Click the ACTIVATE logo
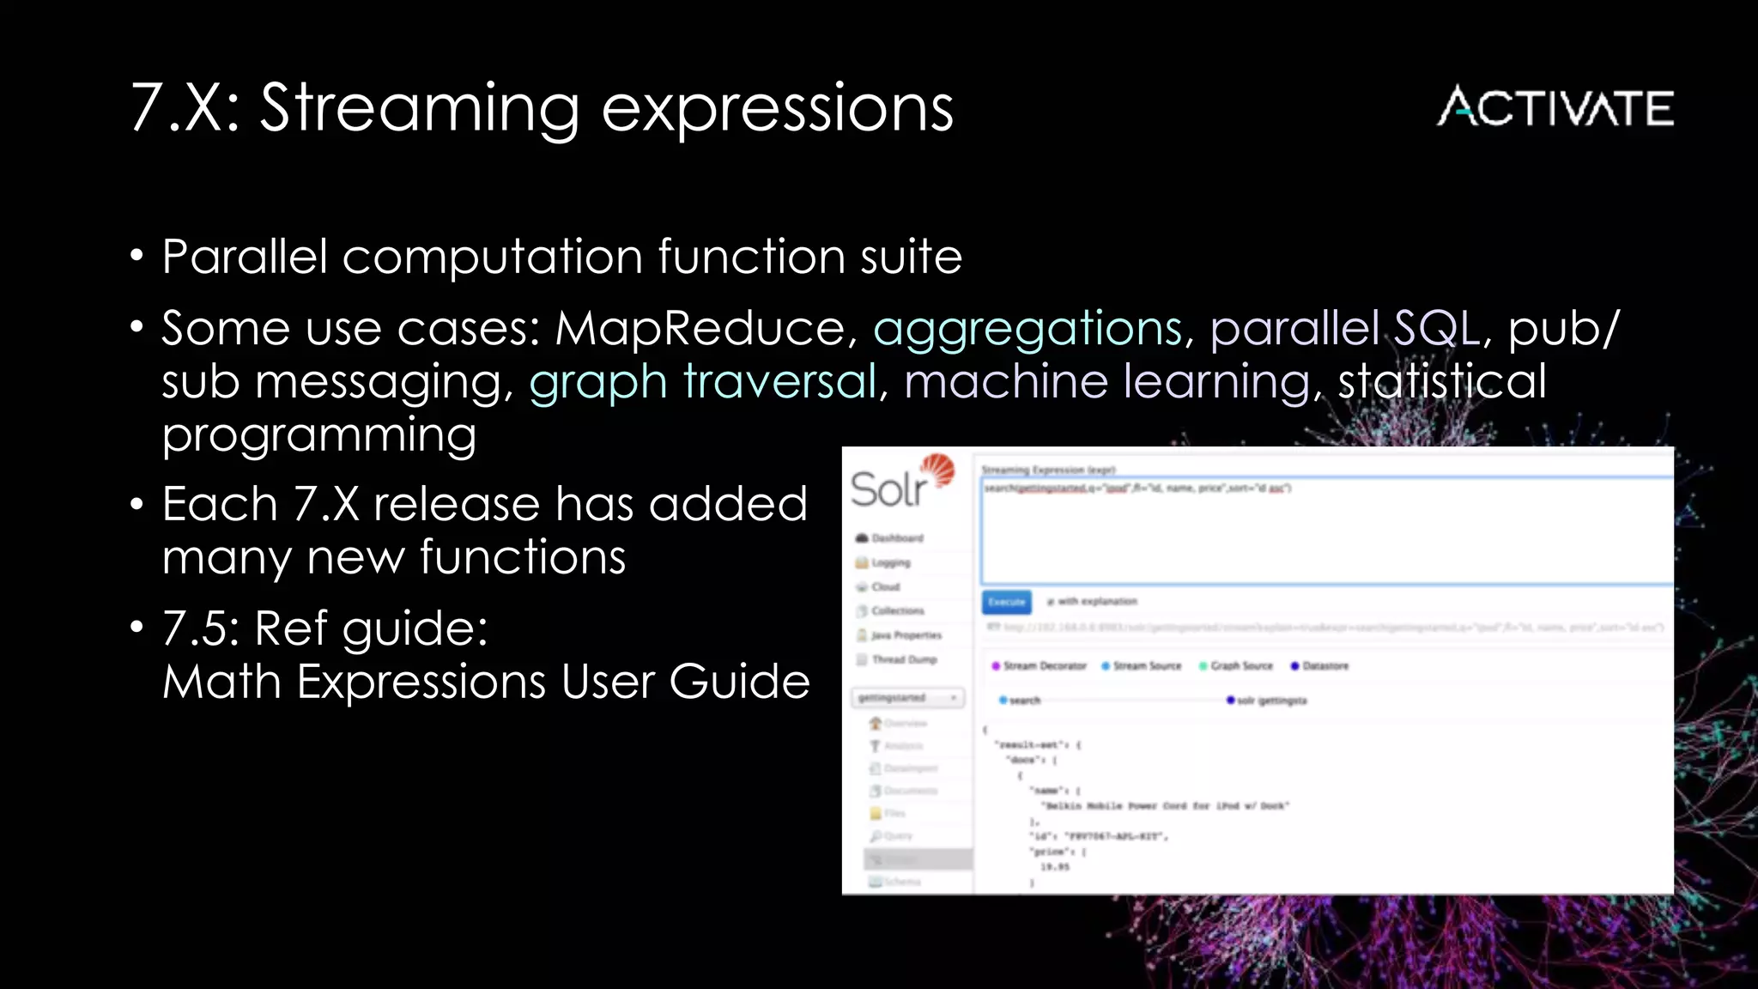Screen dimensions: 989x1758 pyautogui.click(x=1555, y=107)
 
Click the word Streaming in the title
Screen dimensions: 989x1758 pyautogui.click(x=420, y=109)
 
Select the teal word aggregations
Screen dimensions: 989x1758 pyautogui.click(x=1028, y=330)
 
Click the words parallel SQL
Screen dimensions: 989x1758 pyautogui.click(x=1345, y=328)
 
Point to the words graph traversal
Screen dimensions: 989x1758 pyautogui.click(x=703, y=382)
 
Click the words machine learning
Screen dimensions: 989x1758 pyautogui.click(x=1107, y=382)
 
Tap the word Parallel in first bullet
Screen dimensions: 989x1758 pyautogui.click(x=246, y=257)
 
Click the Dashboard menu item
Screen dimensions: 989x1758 pyautogui.click(x=896, y=538)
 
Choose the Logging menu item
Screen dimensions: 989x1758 pyautogui.click(x=890, y=563)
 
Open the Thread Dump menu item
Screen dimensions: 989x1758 pyautogui.click(x=903, y=659)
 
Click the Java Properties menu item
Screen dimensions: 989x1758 pyautogui.click(x=906, y=635)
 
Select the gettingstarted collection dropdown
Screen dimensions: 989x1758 pyautogui.click(x=907, y=698)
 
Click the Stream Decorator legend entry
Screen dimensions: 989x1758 pyautogui.click(x=1043, y=666)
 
